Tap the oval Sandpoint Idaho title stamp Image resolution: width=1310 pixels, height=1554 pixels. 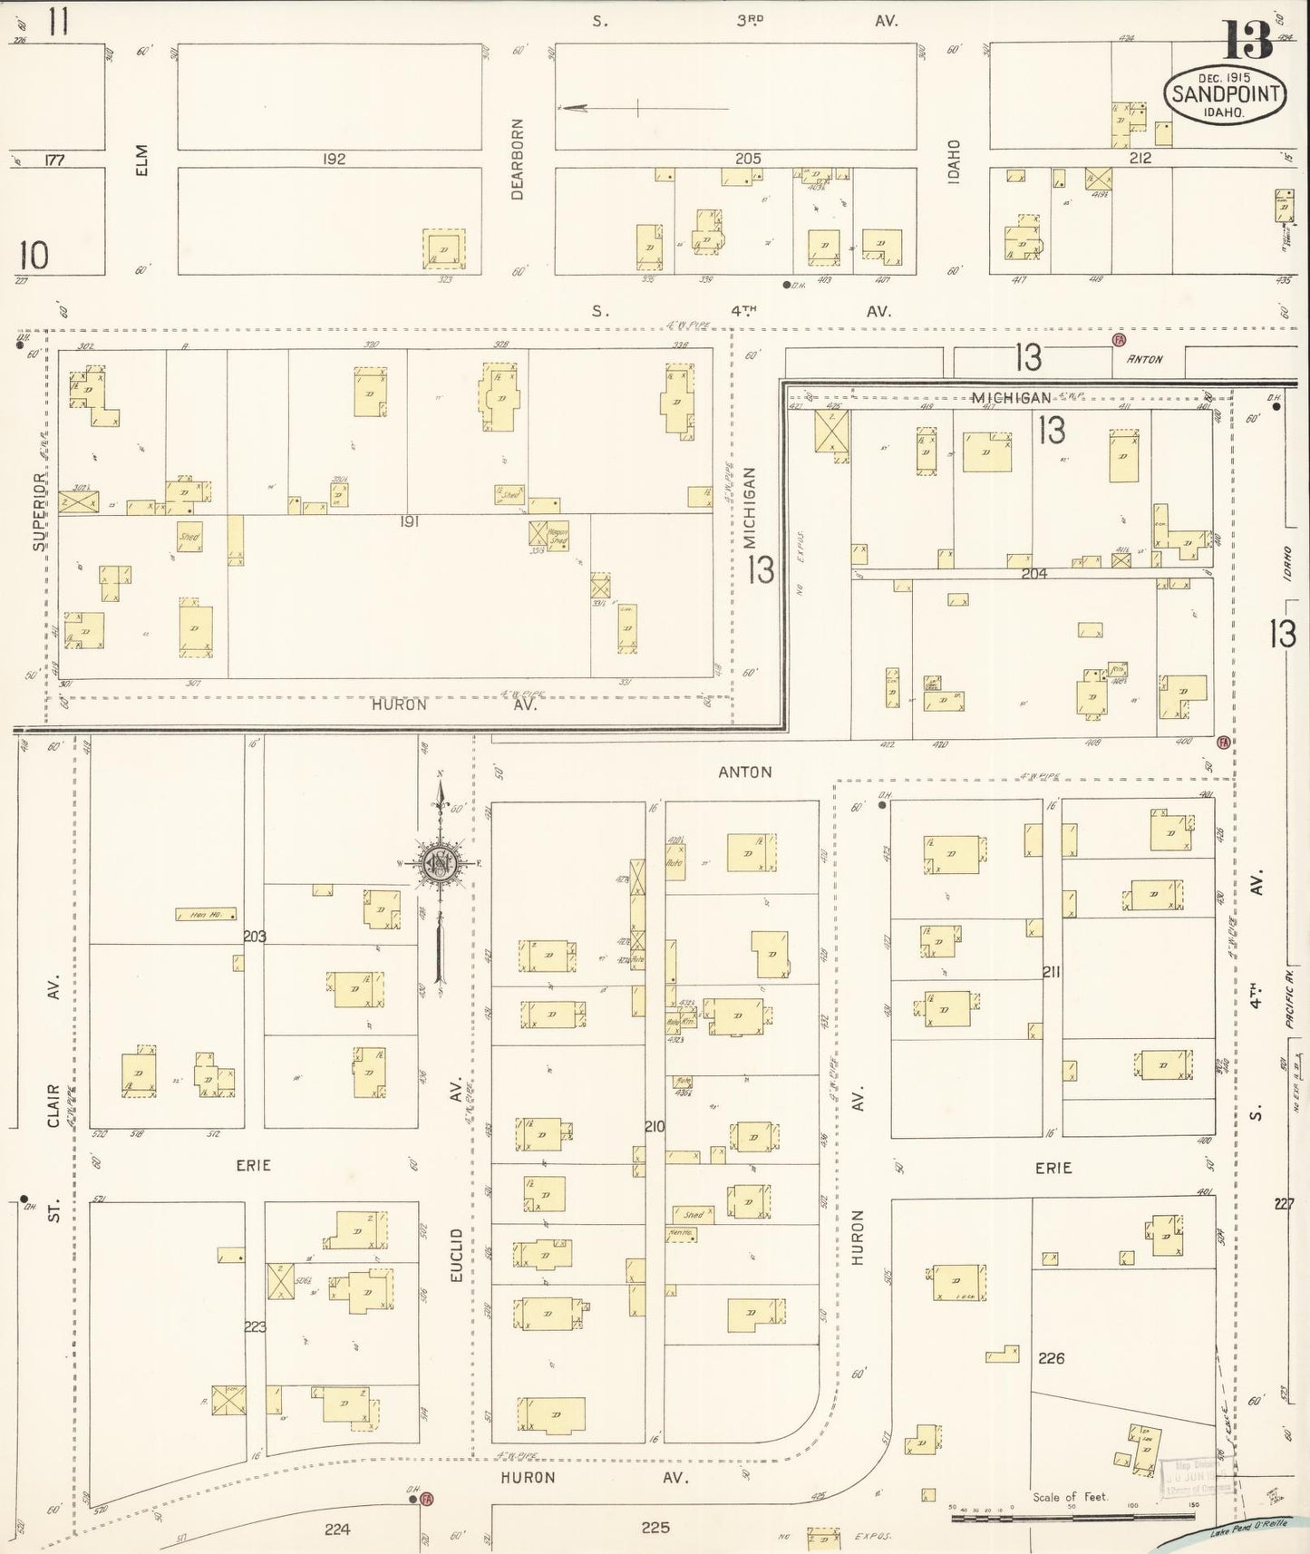[1225, 94]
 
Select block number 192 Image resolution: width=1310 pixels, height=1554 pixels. [334, 159]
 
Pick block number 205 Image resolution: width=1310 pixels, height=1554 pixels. [747, 159]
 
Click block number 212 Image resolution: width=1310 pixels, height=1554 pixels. [1140, 159]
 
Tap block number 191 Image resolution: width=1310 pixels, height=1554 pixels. [409, 522]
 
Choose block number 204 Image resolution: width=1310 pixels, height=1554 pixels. [1033, 573]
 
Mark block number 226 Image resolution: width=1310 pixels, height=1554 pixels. [1052, 1357]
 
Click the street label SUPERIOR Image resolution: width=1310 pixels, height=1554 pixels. [38, 511]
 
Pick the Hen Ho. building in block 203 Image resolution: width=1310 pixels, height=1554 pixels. [206, 914]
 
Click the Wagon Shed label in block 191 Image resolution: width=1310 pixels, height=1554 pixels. [557, 536]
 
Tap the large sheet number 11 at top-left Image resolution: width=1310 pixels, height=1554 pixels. [59, 22]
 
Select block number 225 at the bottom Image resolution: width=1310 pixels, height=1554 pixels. [655, 1528]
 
